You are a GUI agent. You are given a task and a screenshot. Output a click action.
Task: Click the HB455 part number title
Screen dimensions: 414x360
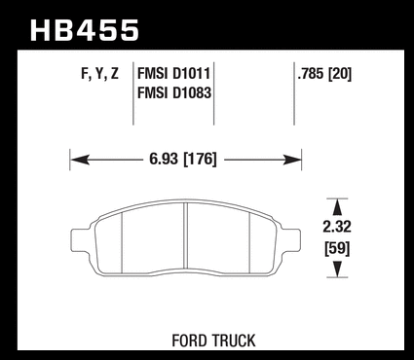[x=85, y=30]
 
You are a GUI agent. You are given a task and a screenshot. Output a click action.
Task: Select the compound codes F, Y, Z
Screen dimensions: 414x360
[x=99, y=74]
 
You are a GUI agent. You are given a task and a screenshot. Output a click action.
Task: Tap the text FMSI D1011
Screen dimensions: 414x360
[x=174, y=74]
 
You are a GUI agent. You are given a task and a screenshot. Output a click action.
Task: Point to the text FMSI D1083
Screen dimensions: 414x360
[x=174, y=92]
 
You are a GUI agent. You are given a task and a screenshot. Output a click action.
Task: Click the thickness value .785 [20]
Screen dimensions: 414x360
[x=324, y=74]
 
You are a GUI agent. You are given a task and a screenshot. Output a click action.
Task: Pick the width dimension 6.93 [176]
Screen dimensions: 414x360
[x=183, y=159]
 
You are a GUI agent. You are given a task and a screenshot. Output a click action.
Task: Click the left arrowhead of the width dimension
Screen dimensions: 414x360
[x=80, y=160]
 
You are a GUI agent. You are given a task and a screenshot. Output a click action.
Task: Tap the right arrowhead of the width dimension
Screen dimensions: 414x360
[x=292, y=160]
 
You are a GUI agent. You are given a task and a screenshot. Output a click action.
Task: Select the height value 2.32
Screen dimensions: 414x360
[x=337, y=227]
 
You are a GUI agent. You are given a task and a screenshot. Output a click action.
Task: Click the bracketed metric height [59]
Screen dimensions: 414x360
[x=337, y=249]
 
